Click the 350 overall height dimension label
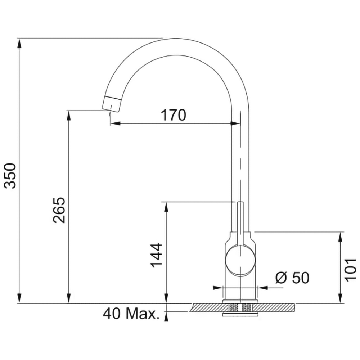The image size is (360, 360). (11, 176)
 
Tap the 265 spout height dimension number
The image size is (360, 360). (59, 210)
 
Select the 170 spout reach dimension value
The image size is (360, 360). (174, 115)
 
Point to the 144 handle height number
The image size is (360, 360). (156, 255)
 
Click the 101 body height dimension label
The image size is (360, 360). (350, 270)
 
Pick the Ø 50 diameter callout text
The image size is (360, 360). (292, 278)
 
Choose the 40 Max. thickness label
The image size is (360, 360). (131, 314)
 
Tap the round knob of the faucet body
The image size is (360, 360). (240, 261)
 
